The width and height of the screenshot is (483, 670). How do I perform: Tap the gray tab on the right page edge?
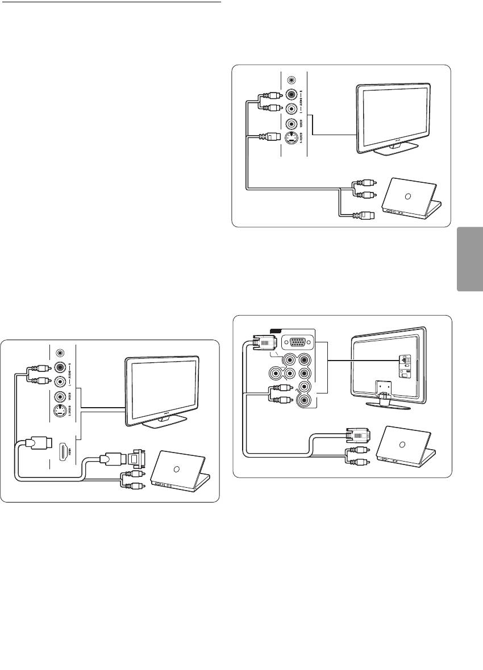469,259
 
